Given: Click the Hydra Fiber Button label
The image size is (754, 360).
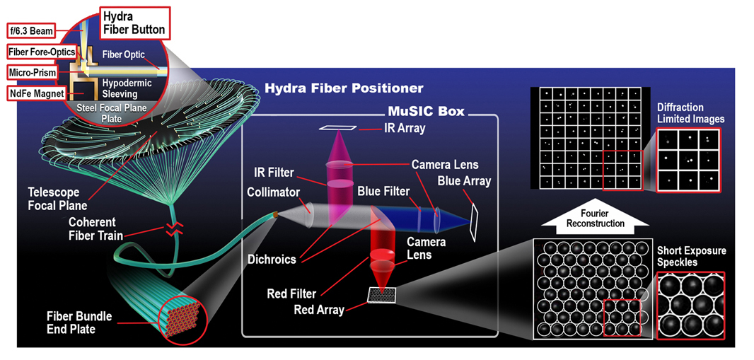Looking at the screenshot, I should pyautogui.click(x=134, y=22).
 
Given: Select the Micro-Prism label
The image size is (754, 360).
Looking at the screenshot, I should pyautogui.click(x=32, y=72).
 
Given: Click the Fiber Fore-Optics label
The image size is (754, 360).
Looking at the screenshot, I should pyautogui.click(x=41, y=52).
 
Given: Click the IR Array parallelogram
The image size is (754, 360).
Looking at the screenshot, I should pyautogui.click(x=338, y=128).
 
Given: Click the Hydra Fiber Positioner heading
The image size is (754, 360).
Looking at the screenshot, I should pyautogui.click(x=344, y=88).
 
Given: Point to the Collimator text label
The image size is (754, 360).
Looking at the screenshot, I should pyautogui.click(x=271, y=192).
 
